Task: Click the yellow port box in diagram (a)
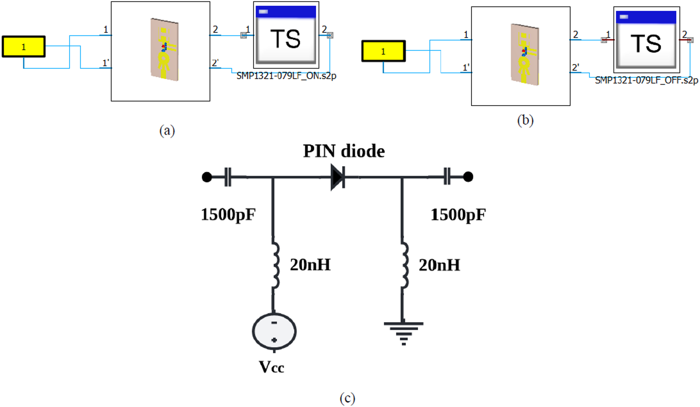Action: pyautogui.click(x=24, y=46)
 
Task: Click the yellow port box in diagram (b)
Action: pyautogui.click(x=383, y=51)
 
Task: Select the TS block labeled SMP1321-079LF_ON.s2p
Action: pyautogui.click(x=286, y=35)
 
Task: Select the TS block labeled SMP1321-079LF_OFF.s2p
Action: pyautogui.click(x=646, y=39)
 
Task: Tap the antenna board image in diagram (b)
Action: pyautogui.click(x=525, y=54)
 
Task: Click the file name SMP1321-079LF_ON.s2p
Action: pyautogui.click(x=286, y=76)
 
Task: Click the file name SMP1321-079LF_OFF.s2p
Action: pyautogui.click(x=646, y=80)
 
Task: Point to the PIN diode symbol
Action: pyautogui.click(x=337, y=177)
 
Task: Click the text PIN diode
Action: pyautogui.click(x=344, y=151)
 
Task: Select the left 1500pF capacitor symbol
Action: pyautogui.click(x=228, y=177)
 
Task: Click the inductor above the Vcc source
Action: pyautogui.click(x=275, y=265)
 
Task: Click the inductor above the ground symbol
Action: pyautogui.click(x=404, y=265)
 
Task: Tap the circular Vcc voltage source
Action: pyautogui.click(x=274, y=331)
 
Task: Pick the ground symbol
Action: pyautogui.click(x=403, y=332)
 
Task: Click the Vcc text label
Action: pyautogui.click(x=271, y=367)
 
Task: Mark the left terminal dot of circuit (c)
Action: pyautogui.click(x=207, y=177)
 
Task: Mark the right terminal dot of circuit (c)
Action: pyautogui.click(x=468, y=177)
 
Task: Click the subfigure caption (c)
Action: pyautogui.click(x=347, y=398)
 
